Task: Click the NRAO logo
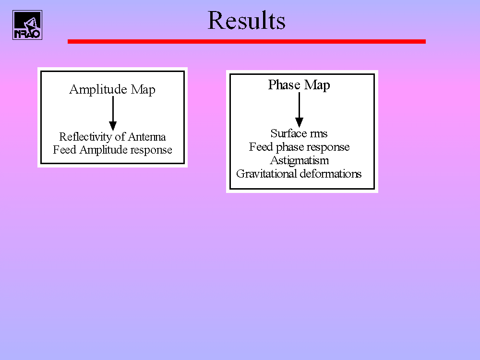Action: point(27,25)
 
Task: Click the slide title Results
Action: point(246,21)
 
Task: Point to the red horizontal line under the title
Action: point(246,41)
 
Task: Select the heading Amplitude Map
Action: point(112,90)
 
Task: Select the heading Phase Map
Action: point(299,85)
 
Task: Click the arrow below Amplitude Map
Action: point(113,114)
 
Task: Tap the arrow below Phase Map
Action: point(300,109)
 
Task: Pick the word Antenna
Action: point(147,137)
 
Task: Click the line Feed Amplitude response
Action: point(112,150)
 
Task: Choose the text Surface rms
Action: point(299,133)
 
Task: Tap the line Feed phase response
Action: point(299,147)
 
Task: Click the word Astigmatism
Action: point(300,161)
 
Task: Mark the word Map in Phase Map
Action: point(317,85)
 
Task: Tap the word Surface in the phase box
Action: point(288,133)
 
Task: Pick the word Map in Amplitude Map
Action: point(143,90)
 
